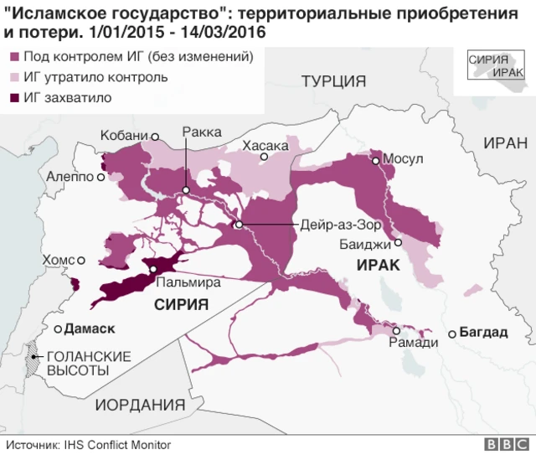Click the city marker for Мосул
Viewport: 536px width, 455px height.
[x=377, y=160]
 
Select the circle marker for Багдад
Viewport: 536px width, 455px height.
[x=452, y=333]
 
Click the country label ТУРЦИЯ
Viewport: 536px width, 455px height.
[x=334, y=81]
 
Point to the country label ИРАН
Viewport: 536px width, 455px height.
[x=505, y=142]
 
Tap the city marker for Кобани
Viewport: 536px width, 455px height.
[x=154, y=136]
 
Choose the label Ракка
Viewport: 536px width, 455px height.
[x=202, y=132]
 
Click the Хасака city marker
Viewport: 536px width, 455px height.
[x=264, y=157]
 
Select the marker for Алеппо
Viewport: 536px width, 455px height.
[x=101, y=177]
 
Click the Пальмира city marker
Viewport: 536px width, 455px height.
[x=153, y=269]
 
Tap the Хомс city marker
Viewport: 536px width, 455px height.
[x=81, y=260]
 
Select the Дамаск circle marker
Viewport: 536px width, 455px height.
[x=58, y=328]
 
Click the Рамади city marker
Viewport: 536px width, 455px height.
[x=395, y=331]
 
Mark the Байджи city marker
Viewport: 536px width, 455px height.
[x=399, y=242]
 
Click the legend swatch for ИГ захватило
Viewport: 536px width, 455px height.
[x=14, y=98]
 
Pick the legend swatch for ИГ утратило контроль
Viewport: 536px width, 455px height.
[x=14, y=77]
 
